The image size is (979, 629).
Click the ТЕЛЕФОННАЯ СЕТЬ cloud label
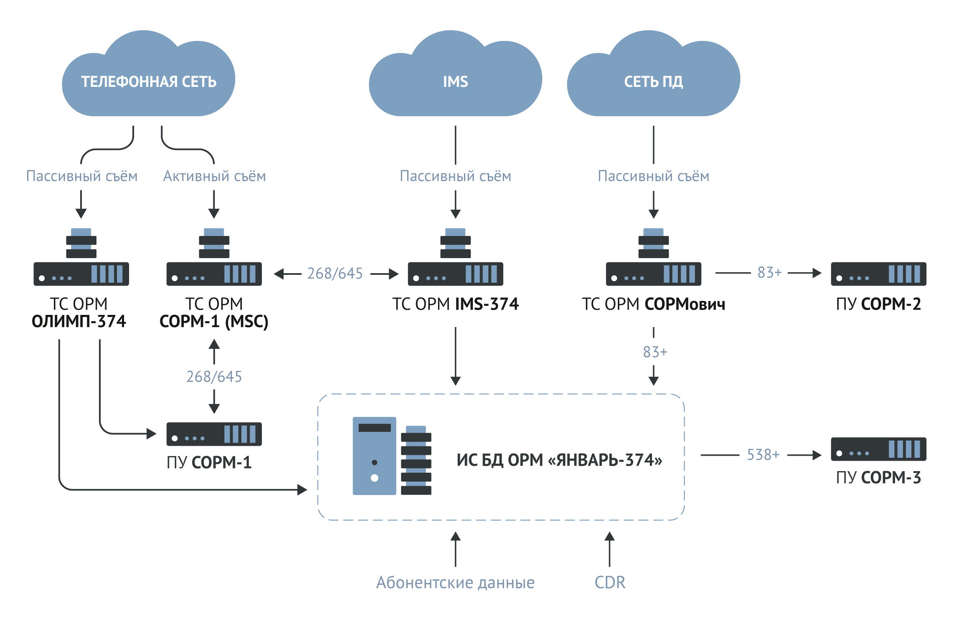coord(149,82)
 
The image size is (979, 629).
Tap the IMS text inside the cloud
coord(455,82)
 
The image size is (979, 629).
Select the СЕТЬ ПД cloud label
coord(653,82)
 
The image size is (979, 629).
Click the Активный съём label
coord(214,176)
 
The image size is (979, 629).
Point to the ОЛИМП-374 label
coord(79,322)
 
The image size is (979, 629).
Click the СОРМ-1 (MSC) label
coord(214,322)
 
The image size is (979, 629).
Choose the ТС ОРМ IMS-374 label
coord(455,304)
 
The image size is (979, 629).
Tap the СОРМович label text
coord(685,304)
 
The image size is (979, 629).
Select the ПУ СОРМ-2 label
coord(878,304)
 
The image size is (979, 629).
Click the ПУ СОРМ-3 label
coord(878,477)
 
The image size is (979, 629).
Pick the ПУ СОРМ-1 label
coord(209,462)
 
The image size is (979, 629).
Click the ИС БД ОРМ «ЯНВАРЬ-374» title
coord(559,460)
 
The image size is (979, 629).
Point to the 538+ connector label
coord(763,454)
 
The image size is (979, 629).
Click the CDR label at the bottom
coord(610,582)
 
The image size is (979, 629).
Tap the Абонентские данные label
coord(455,582)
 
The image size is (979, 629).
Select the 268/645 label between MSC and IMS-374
coord(335,274)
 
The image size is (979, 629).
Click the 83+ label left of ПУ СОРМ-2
coord(769,273)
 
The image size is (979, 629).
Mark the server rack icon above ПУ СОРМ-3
coord(878,449)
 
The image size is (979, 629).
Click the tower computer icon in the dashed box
coord(374,456)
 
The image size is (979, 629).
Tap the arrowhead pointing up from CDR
coord(610,536)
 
